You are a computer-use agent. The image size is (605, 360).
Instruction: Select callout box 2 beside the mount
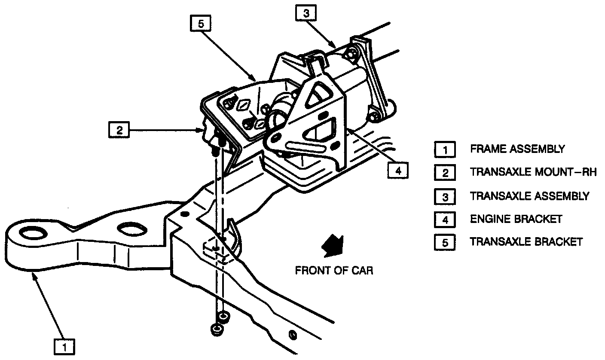(120, 130)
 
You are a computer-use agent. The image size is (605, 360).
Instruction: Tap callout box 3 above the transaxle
(306, 14)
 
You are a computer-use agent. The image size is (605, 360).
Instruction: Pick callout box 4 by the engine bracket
(398, 171)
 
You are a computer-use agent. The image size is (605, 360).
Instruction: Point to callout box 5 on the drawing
(200, 24)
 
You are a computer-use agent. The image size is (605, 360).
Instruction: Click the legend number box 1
(445, 150)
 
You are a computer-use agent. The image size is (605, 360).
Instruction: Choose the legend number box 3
(445, 196)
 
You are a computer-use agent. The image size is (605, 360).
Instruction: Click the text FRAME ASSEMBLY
(517, 149)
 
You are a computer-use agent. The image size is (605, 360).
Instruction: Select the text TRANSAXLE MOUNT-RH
(533, 173)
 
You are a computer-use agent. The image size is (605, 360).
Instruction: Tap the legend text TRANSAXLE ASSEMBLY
(529, 196)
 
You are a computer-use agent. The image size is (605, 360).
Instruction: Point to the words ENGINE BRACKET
(516, 219)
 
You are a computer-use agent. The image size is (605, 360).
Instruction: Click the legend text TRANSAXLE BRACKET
(526, 241)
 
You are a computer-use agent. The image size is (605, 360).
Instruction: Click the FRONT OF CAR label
(334, 271)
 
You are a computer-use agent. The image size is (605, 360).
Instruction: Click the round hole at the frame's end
(32, 234)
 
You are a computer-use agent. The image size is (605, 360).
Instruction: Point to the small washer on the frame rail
(292, 335)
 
